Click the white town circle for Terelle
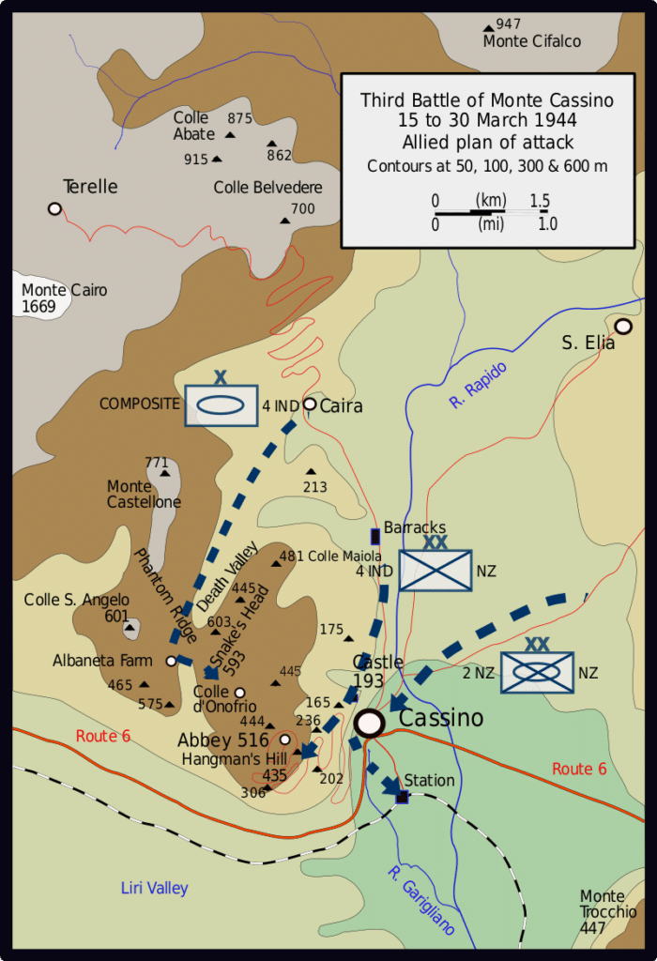click(54, 208)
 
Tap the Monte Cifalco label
click(531, 41)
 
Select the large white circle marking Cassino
click(370, 722)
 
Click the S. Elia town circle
click(623, 327)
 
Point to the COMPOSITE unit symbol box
click(221, 406)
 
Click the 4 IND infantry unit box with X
click(435, 570)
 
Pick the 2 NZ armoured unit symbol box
click(536, 673)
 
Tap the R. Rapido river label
click(478, 385)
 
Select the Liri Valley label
click(155, 888)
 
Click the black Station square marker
click(403, 797)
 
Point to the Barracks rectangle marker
click(375, 536)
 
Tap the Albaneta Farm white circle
click(171, 661)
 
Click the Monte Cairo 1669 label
click(64, 298)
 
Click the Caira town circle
click(309, 404)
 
